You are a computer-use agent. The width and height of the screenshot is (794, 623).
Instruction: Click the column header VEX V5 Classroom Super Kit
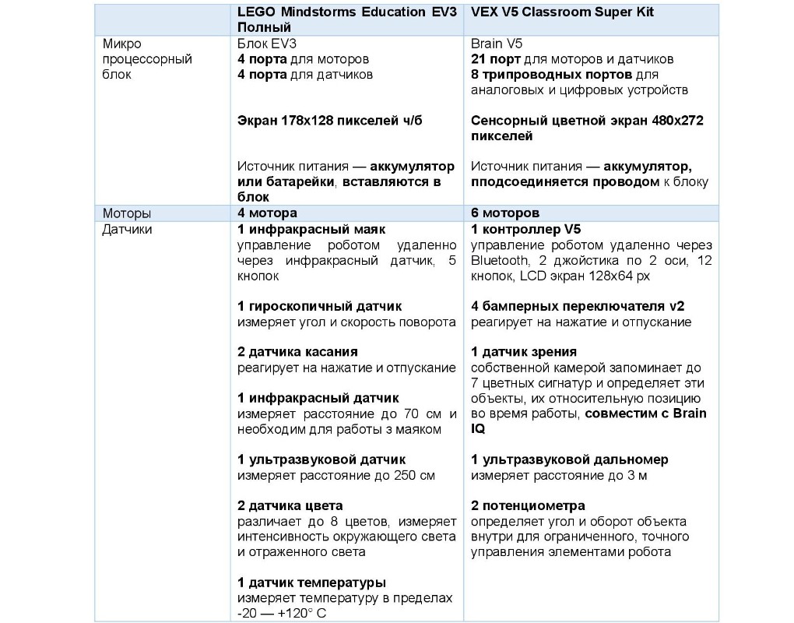click(562, 13)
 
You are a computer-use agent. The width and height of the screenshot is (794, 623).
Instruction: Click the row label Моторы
click(127, 213)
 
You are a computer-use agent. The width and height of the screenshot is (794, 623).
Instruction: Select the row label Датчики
click(128, 230)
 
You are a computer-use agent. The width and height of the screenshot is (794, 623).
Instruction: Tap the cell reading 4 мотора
click(267, 213)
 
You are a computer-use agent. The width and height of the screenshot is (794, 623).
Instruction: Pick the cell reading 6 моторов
click(505, 213)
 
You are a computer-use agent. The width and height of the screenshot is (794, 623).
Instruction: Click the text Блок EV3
click(262, 44)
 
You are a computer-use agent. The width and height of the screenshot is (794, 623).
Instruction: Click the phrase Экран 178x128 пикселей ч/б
click(330, 121)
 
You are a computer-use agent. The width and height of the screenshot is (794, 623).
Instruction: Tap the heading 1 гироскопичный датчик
click(320, 306)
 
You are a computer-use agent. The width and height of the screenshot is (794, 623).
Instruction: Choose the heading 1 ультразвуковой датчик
click(321, 459)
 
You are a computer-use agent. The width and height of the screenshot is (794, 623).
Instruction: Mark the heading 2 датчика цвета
click(290, 505)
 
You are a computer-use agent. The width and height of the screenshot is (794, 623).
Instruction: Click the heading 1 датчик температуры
click(311, 583)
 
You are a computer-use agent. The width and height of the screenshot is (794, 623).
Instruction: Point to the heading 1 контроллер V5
click(525, 230)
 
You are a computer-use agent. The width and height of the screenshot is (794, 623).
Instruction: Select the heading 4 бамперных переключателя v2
click(578, 306)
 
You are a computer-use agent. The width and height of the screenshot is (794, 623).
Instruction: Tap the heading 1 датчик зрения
click(524, 352)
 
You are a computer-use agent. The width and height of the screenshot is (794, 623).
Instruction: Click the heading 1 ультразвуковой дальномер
click(569, 459)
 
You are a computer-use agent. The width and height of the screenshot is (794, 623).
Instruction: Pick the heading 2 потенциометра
click(528, 505)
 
